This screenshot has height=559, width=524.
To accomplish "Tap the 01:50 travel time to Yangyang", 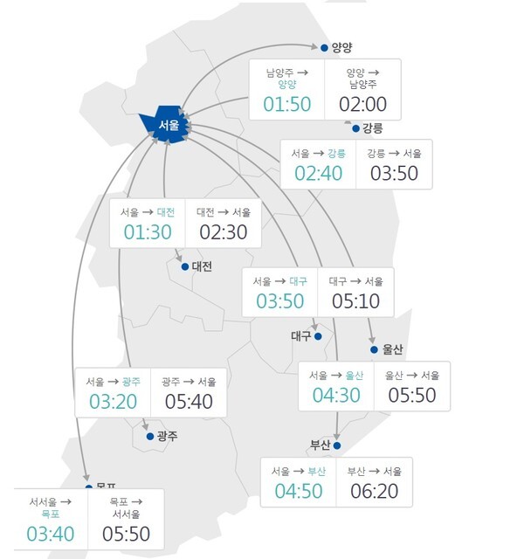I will [x=286, y=104].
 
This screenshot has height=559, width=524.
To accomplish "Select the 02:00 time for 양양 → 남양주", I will [x=362, y=104].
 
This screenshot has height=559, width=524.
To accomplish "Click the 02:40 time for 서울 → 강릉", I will [x=318, y=172].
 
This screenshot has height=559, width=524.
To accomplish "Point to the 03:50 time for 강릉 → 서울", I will [x=394, y=172].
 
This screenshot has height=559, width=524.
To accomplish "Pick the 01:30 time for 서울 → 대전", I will [x=148, y=232].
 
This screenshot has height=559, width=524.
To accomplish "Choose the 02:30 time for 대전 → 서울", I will [x=224, y=232].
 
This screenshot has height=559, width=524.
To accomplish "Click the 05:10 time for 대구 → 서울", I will [x=355, y=301].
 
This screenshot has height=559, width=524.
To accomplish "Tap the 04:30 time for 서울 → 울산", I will [x=336, y=395].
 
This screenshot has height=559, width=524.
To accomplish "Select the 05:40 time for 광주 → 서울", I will [x=189, y=402].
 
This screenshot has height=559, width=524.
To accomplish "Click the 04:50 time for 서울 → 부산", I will [x=299, y=491].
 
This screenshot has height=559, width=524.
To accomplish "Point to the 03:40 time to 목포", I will [x=51, y=533].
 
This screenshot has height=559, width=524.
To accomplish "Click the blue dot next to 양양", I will [x=325, y=48].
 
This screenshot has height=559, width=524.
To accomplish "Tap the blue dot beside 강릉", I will [x=355, y=128].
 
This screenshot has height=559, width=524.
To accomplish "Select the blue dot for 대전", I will [x=184, y=266].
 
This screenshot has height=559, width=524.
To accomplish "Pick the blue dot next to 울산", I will [x=374, y=349].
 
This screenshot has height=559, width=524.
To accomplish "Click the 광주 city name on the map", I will [x=166, y=436].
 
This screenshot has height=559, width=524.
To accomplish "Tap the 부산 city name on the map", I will [x=321, y=445].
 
